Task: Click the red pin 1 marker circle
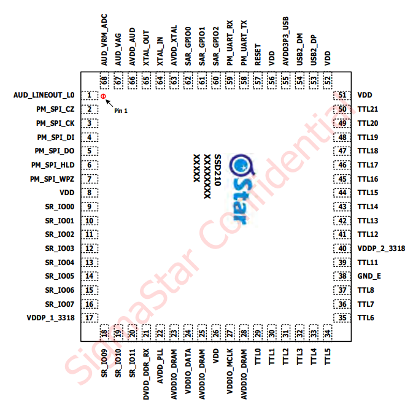(x=103, y=96)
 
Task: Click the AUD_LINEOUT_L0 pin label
(x=44, y=95)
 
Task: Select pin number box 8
(x=90, y=193)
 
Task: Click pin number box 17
(x=90, y=318)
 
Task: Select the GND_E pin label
(x=369, y=276)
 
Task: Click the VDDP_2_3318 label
(x=380, y=249)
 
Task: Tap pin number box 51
(x=342, y=95)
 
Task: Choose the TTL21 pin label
(x=368, y=109)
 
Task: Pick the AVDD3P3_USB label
(x=285, y=41)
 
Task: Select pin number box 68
(x=104, y=80)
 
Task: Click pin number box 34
(x=328, y=333)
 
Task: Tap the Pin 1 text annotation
(x=122, y=110)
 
